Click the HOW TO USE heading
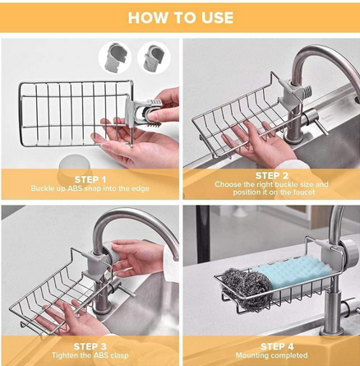(180, 17)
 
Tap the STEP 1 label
(90, 178)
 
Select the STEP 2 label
(270, 175)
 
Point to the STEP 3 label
(90, 346)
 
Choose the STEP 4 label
(270, 346)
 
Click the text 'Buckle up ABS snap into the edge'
(90, 188)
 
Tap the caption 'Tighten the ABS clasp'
(90, 356)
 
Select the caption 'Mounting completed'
(270, 356)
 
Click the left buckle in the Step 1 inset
(115, 57)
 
